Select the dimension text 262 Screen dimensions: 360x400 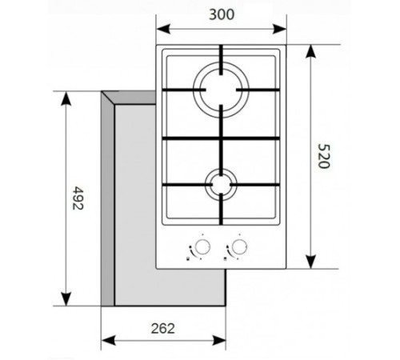tap(162, 328)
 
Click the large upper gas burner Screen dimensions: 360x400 tap(221, 87)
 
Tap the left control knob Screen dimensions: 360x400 tap(203, 245)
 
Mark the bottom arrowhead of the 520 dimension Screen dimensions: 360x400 tap(309, 268)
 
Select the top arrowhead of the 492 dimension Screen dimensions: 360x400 tap(66, 96)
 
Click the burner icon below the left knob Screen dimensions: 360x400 tap(187, 258)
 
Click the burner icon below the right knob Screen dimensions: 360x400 tap(227, 258)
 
